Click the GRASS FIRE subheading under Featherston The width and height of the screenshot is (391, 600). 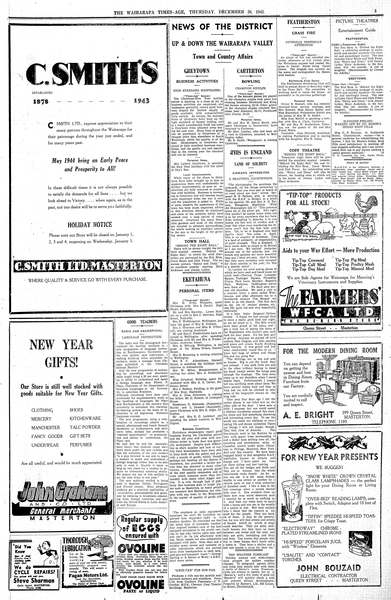point(304,33)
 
